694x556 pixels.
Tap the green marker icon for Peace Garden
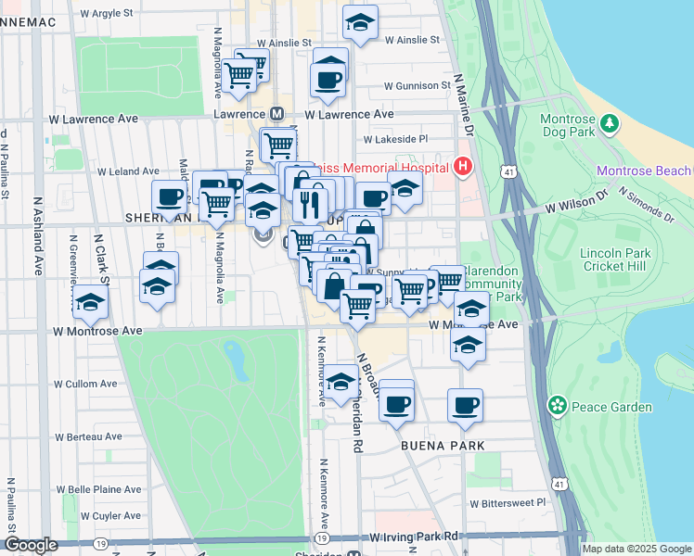557,404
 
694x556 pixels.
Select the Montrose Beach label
644,171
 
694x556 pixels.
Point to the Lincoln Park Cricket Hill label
615,260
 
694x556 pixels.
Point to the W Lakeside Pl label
395,139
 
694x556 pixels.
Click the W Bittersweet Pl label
508,504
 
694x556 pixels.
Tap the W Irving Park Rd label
414,537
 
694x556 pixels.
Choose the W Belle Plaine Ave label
99,488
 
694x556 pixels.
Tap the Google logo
31,545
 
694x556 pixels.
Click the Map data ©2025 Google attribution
636,549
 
